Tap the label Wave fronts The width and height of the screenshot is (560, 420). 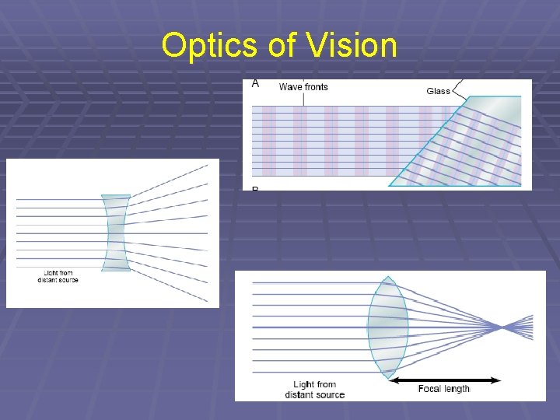tap(303, 86)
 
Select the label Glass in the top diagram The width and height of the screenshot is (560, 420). tap(438, 91)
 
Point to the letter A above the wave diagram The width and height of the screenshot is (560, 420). tap(256, 84)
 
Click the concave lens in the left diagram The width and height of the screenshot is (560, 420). tap(116, 233)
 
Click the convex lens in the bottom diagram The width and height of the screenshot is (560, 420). tap(387, 327)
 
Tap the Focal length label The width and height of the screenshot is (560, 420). tap(444, 389)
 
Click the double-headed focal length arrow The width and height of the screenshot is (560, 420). tap(445, 380)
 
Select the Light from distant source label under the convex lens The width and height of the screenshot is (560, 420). tap(314, 390)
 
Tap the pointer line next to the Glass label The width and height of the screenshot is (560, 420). tap(459, 86)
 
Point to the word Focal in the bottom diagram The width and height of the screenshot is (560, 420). tap(430, 389)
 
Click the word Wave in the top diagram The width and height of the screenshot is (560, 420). tap(289, 86)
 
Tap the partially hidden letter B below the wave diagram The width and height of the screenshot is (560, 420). tap(255, 188)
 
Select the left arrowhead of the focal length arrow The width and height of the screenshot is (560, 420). tap(394, 380)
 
